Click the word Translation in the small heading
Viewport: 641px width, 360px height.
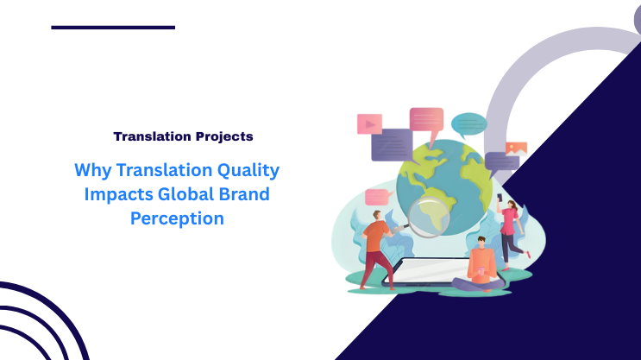coord(150,136)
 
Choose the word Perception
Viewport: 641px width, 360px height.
coord(177,218)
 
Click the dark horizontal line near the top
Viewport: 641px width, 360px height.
coord(113,28)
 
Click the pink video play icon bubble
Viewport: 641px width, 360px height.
coord(369,123)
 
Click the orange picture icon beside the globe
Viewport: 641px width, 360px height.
coord(516,148)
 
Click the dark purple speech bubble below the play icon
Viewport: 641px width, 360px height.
coord(392,144)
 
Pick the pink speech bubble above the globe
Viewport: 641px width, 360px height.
coord(426,119)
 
